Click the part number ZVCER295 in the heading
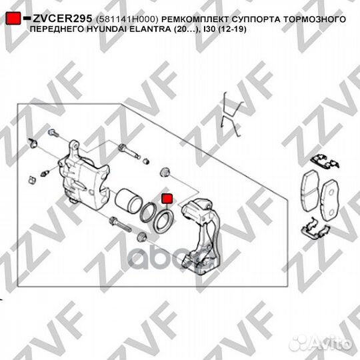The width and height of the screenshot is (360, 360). (x=62, y=19)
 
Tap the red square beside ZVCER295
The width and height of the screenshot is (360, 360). (x=13, y=19)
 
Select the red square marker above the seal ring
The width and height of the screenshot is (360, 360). (x=167, y=199)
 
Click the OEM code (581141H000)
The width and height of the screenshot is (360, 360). (x=127, y=19)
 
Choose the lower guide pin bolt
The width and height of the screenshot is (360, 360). (x=120, y=225)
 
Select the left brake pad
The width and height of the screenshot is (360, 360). (x=310, y=191)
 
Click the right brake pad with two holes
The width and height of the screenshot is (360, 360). (x=330, y=200)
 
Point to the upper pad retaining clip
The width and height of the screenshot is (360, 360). (x=325, y=161)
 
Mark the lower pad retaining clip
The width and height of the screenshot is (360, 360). (x=315, y=229)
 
